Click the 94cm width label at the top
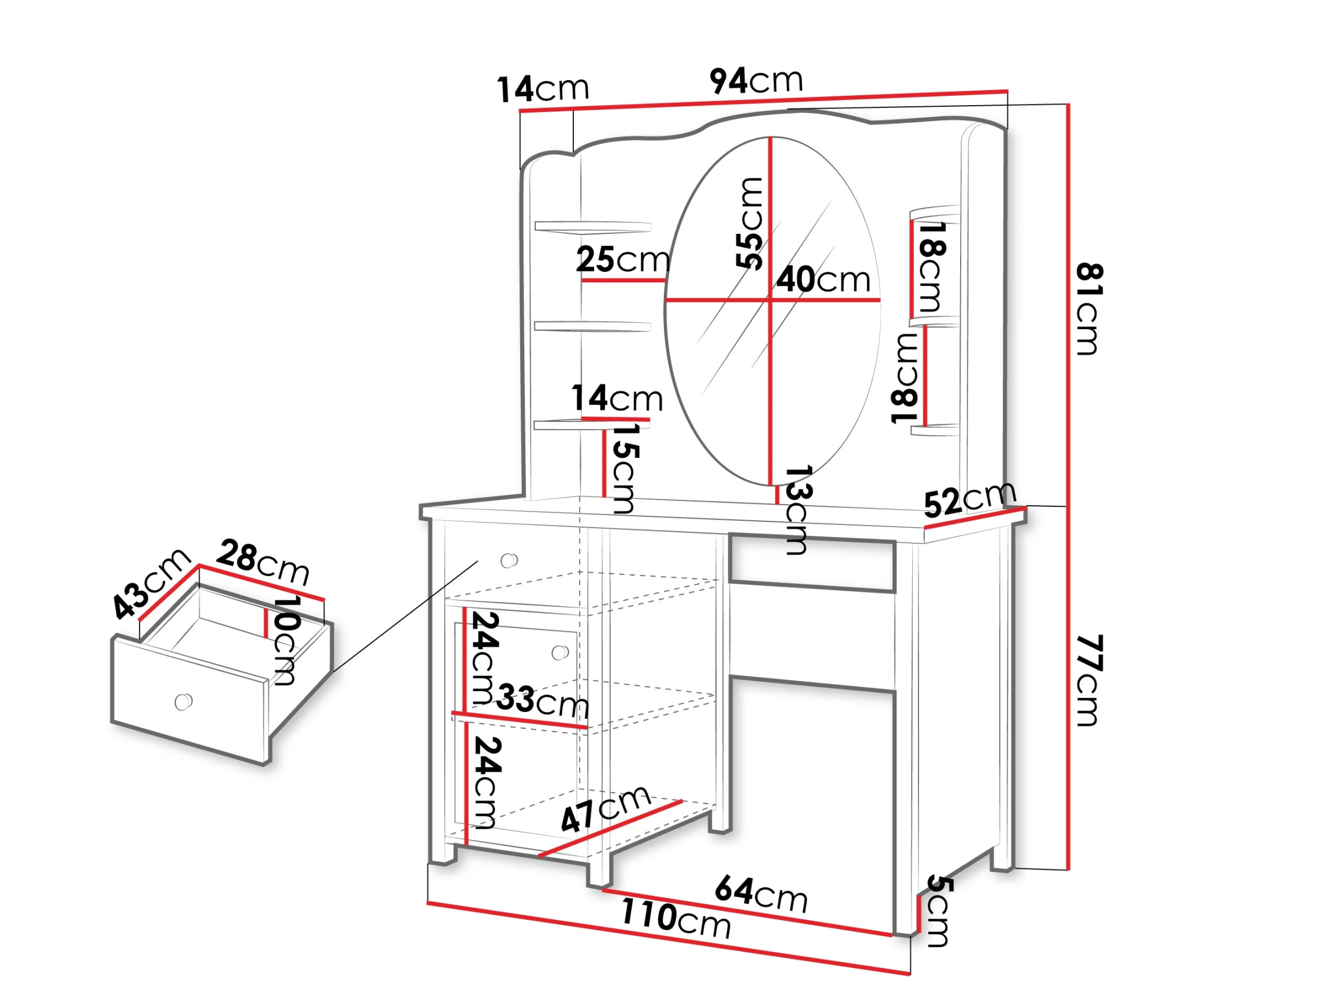click(756, 81)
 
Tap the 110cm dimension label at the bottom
click(675, 918)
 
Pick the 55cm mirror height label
click(749, 222)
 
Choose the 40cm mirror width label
click(823, 279)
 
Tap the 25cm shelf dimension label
click(623, 260)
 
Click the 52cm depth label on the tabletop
click(970, 499)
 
